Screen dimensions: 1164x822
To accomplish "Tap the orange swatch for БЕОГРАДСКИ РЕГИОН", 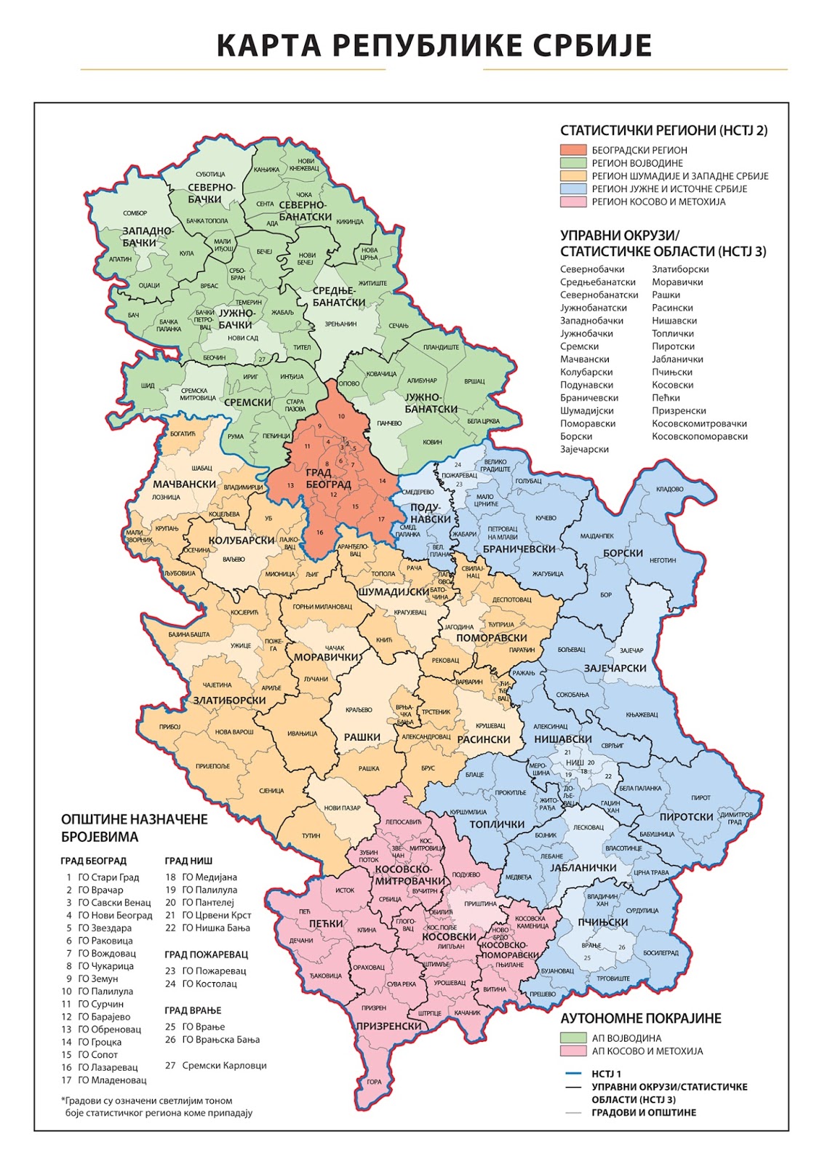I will click(x=573, y=150).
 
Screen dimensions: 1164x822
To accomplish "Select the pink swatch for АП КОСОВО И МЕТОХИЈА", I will click(x=573, y=1051).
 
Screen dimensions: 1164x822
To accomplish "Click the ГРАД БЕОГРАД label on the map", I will click(x=328, y=479).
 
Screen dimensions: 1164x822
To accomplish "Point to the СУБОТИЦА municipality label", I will click(x=210, y=175).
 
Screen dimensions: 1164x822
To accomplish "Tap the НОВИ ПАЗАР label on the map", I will click(x=342, y=808).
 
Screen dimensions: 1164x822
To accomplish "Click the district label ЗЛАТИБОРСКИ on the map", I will click(x=229, y=701).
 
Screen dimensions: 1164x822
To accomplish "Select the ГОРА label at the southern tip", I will click(x=374, y=1082).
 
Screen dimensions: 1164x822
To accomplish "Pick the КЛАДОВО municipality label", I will click(x=669, y=489).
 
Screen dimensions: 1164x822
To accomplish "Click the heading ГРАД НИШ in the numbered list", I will click(x=188, y=861).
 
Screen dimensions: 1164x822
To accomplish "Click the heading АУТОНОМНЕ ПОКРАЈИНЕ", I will click(x=641, y=1018).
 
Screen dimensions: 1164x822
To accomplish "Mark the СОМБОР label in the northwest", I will click(x=135, y=213).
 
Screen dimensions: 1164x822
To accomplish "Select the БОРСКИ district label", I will click(x=623, y=553).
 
